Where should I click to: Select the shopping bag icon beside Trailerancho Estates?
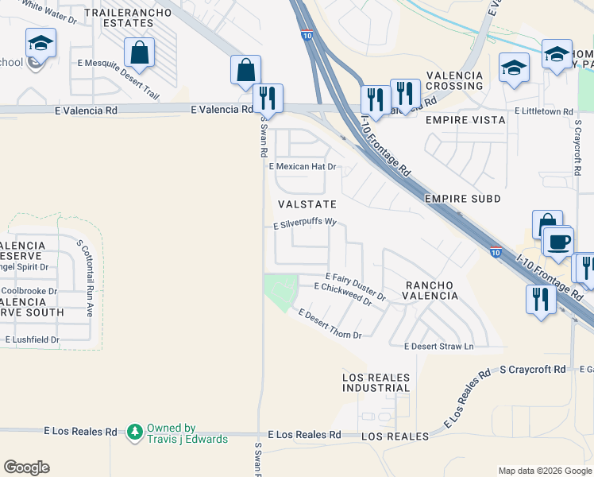(140, 53)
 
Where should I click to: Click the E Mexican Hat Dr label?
(303, 167)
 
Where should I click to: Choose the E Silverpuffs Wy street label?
(306, 224)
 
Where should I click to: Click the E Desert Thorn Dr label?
(330, 325)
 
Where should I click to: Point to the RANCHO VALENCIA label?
(431, 290)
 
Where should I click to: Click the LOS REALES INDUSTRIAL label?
(376, 382)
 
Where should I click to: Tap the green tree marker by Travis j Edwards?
(135, 432)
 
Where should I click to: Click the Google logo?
(26, 467)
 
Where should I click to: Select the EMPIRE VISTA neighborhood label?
(465, 120)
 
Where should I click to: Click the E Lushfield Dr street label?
(33, 339)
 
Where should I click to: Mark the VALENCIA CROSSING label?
(454, 80)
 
